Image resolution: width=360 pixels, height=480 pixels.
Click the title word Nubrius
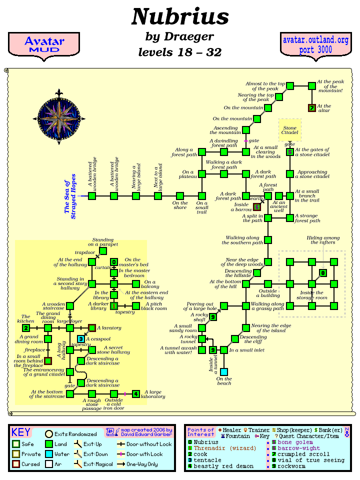click(x=180, y=17)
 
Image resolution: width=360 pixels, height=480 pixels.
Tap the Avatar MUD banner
click(x=44, y=44)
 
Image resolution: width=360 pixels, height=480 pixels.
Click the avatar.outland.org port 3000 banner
click(x=315, y=44)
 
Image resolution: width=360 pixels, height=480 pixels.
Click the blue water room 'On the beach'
click(x=224, y=371)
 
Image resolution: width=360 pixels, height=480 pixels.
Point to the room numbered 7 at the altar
click(x=312, y=108)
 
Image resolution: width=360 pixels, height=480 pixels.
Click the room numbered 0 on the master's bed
click(x=114, y=262)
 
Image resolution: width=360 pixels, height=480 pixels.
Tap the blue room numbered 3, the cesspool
click(x=81, y=339)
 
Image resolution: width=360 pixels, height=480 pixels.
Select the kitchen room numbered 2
click(x=26, y=328)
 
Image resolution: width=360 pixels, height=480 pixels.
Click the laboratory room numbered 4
click(x=136, y=394)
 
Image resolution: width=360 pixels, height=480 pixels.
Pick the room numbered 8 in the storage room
click(x=323, y=273)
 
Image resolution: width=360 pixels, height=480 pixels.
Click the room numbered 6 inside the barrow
click(x=257, y=206)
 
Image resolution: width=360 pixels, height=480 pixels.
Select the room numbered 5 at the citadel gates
click(x=290, y=152)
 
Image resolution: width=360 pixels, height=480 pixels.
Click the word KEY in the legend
click(x=21, y=432)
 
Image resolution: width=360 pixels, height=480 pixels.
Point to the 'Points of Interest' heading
click(x=200, y=432)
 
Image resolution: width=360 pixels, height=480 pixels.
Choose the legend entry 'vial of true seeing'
click(x=305, y=460)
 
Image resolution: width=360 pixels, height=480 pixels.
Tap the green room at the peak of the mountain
click(x=312, y=86)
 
